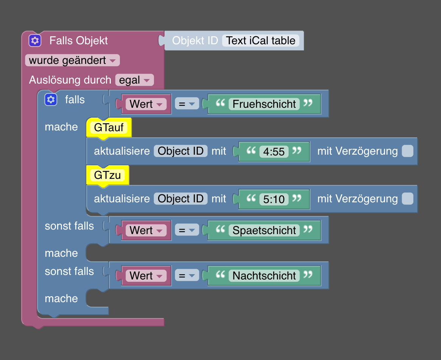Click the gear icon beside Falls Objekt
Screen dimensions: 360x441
coord(35,40)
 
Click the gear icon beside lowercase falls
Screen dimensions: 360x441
coord(51,99)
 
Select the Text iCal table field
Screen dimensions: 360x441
coord(261,40)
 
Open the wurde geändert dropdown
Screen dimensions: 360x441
coord(72,61)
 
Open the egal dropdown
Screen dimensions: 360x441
coord(134,80)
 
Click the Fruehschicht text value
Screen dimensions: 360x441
coord(264,104)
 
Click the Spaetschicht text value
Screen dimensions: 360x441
coord(264,230)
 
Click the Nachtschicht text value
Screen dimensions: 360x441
coord(264,276)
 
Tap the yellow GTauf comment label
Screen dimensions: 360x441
coord(109,128)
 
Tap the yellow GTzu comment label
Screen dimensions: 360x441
coord(108,175)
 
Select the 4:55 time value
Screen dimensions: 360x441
coord(274,152)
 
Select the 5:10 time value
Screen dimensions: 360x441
coord(274,199)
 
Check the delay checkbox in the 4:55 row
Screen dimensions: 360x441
coord(407,152)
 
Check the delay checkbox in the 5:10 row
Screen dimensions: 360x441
coord(407,199)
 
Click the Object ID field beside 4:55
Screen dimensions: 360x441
coord(180,151)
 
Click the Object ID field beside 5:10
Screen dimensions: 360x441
coord(180,199)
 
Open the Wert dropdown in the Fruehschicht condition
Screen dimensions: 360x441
coord(146,104)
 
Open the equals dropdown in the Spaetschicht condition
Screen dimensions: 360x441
coord(186,230)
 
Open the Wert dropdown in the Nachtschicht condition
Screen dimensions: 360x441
coord(146,276)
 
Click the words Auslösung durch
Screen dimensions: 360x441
coord(70,80)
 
